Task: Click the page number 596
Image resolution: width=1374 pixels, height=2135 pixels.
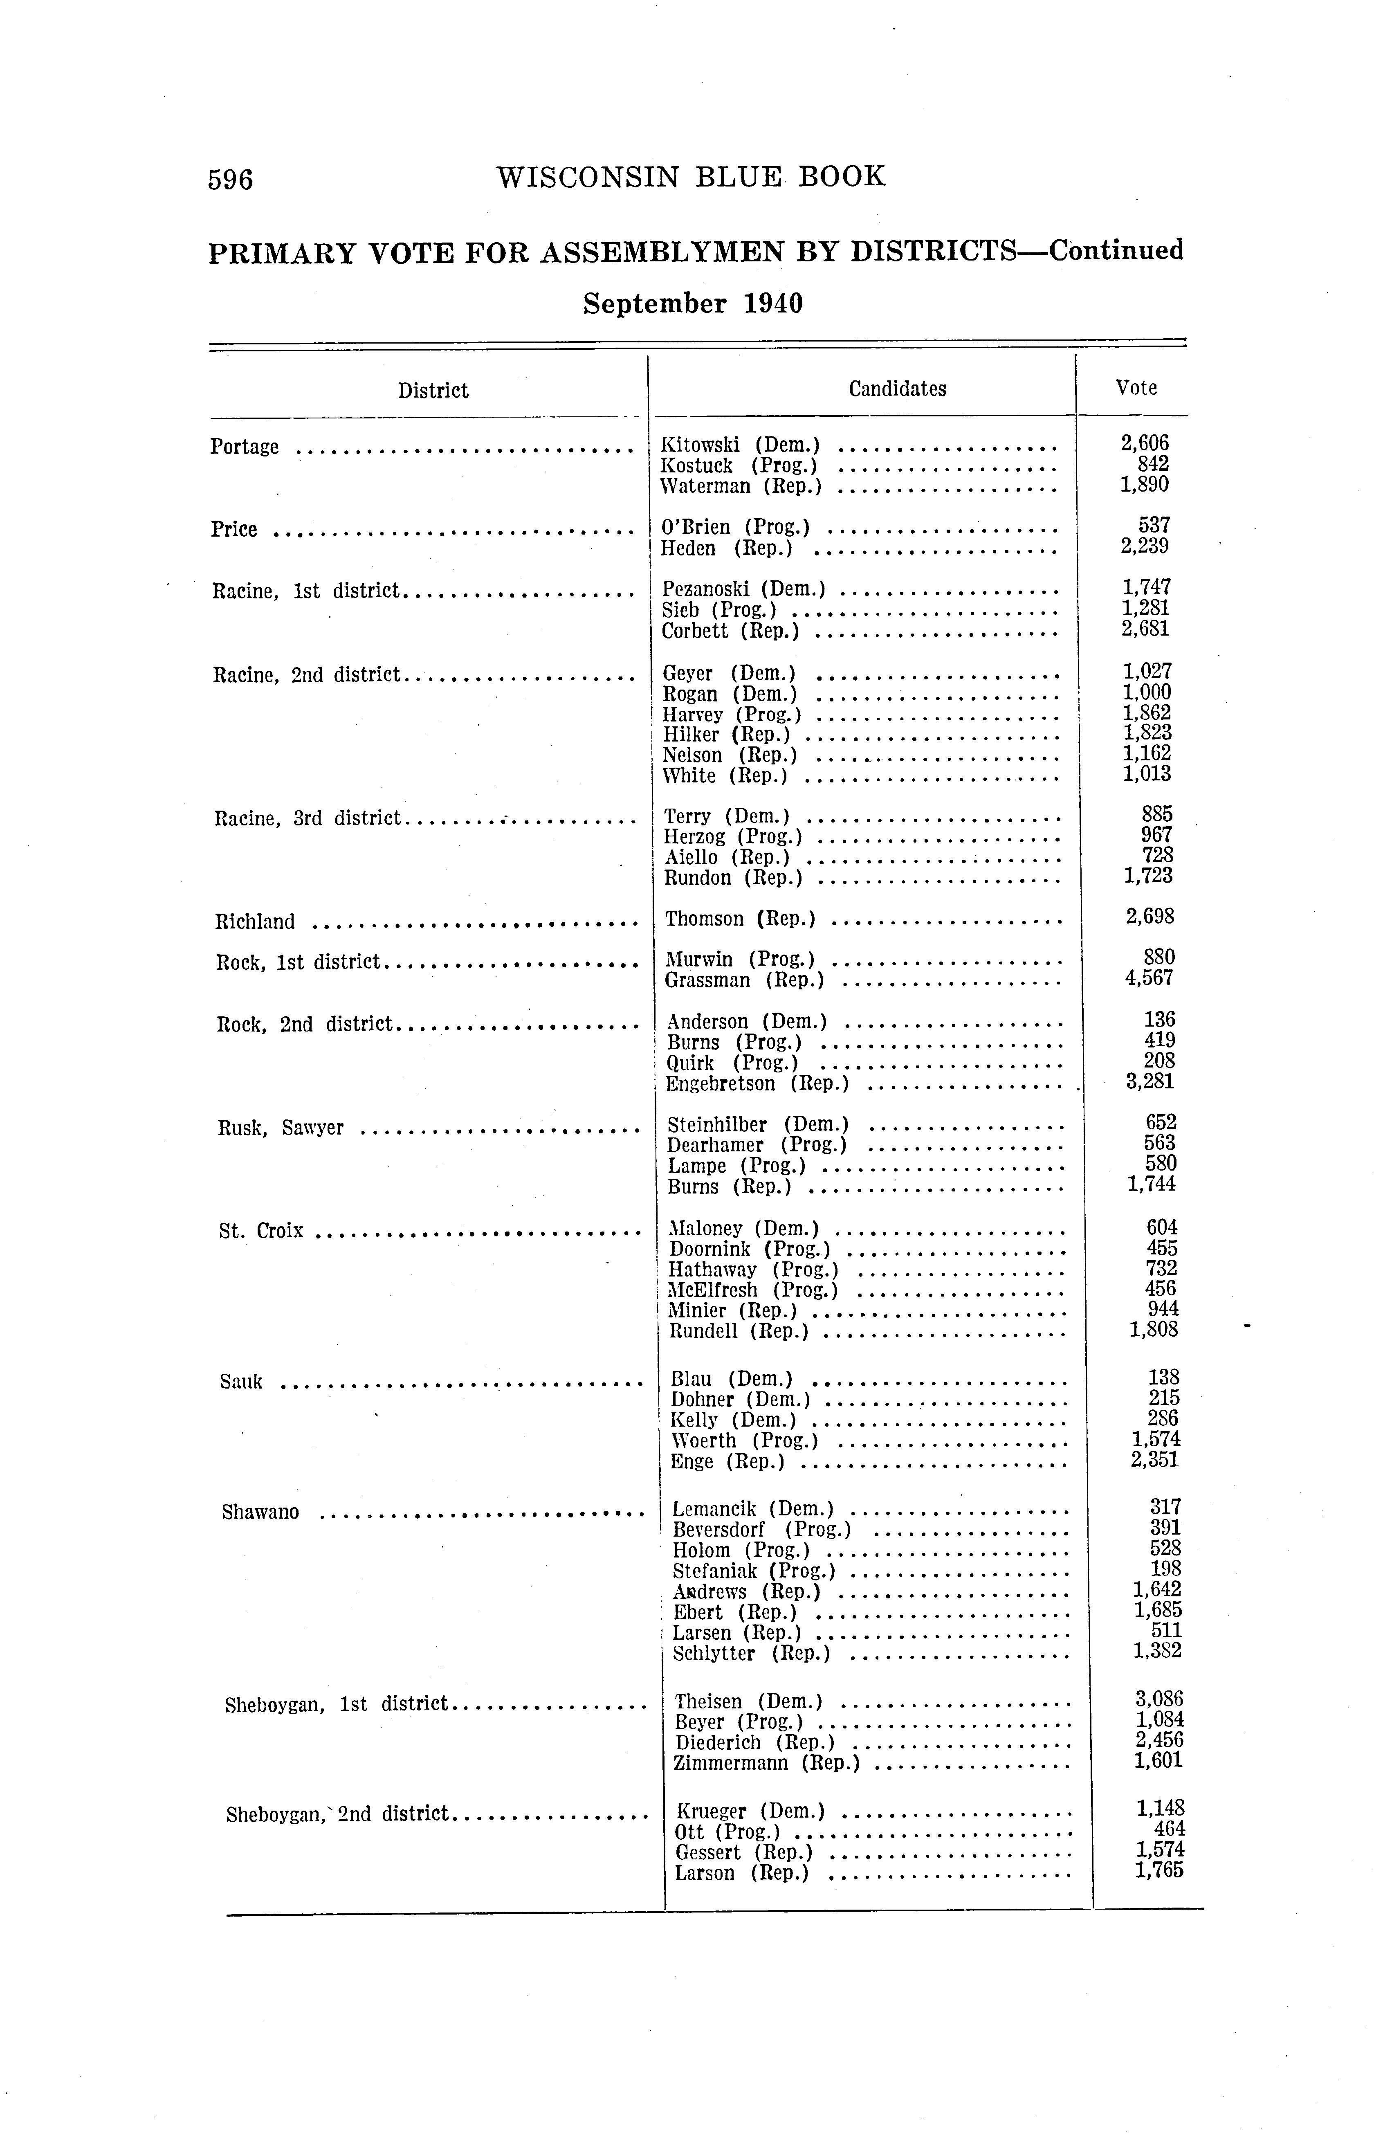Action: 230,180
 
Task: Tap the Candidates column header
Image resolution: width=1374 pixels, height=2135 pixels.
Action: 897,389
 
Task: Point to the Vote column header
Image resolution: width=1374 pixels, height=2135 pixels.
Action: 1136,388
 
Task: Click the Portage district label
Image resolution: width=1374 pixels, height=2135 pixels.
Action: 245,447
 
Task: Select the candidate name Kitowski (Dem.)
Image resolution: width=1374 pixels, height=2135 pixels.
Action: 740,444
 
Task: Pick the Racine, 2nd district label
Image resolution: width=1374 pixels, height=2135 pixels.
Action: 306,674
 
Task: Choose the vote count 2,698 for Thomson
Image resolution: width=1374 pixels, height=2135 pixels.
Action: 1150,916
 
